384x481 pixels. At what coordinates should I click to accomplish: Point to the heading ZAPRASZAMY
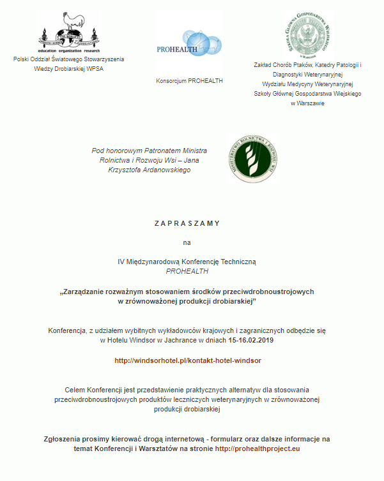[x=187, y=223]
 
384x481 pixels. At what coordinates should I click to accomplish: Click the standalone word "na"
[x=187, y=242]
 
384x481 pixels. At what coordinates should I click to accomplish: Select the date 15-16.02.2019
[x=251, y=341]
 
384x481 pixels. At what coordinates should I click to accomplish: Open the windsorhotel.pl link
[x=187, y=360]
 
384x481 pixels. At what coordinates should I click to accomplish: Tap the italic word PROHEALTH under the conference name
[x=187, y=271]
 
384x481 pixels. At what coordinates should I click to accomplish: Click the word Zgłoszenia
[x=65, y=440]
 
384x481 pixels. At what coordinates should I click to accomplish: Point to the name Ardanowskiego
[x=164, y=170]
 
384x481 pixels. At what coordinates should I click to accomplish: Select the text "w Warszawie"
[x=307, y=103]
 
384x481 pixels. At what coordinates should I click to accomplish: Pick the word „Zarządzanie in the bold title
[x=86, y=292]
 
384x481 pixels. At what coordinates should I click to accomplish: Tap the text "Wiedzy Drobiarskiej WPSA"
[x=69, y=69]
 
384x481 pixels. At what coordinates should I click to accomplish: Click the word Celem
[x=75, y=389]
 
